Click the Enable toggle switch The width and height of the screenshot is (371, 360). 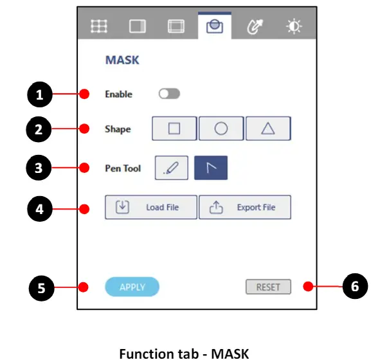tap(169, 94)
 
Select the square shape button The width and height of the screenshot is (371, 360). tap(174, 129)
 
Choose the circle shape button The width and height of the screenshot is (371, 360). tap(221, 129)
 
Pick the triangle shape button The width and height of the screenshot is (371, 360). tap(268, 129)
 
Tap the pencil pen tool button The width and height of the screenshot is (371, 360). tap(172, 168)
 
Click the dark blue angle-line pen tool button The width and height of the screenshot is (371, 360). tap(211, 168)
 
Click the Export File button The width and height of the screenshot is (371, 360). tap(245, 207)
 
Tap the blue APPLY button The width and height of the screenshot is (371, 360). tap(132, 287)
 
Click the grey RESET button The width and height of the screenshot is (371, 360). tap(268, 287)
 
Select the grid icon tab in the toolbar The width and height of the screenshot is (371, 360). tap(99, 26)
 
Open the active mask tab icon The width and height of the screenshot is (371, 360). tap(215, 26)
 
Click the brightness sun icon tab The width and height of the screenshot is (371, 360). tap(294, 26)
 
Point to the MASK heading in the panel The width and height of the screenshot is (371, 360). tap(122, 60)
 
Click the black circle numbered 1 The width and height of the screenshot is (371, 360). tap(40, 94)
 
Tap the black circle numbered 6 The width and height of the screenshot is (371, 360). tap(355, 286)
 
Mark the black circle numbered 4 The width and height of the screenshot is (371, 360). tap(40, 209)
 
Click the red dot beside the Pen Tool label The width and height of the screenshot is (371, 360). tap(84, 168)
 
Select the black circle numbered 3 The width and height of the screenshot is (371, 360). tap(39, 168)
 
